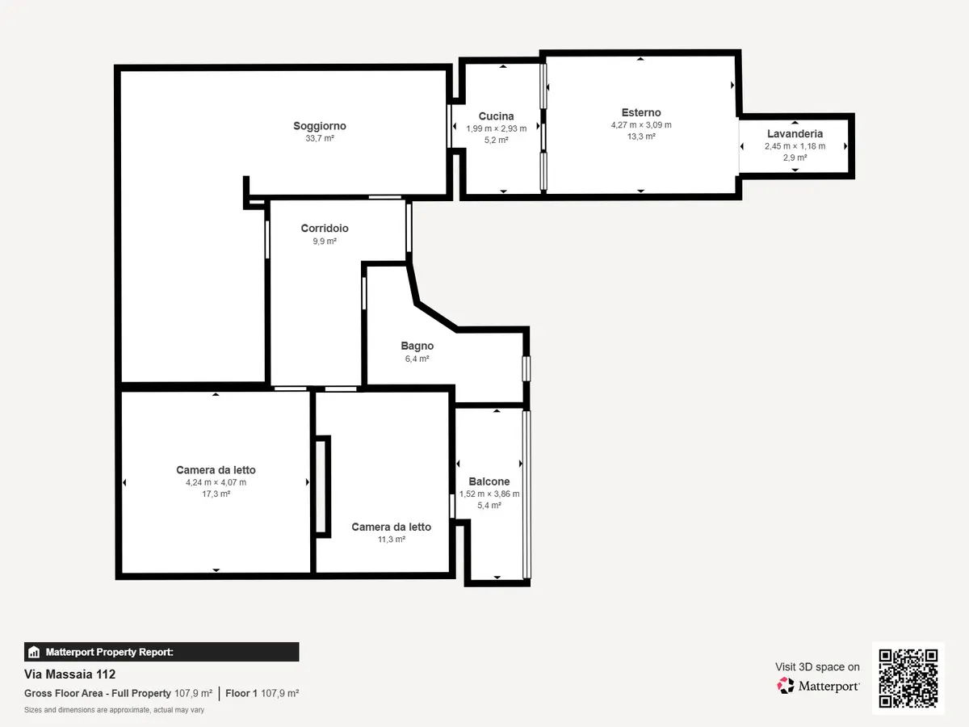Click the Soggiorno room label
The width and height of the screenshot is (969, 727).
[320, 126]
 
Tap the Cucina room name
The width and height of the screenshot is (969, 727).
[496, 116]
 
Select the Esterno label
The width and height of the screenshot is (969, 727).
[641, 112]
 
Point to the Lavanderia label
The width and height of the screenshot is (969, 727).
[795, 134]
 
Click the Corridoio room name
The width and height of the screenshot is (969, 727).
[325, 229]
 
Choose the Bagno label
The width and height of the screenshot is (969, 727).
[417, 346]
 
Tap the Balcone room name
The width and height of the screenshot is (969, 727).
[489, 481]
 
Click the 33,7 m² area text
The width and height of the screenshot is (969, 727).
[320, 138]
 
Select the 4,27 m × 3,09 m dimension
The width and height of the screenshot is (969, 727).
[641, 125]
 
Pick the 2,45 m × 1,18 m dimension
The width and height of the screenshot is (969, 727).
[795, 146]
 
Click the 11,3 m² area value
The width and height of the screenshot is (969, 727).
[391, 539]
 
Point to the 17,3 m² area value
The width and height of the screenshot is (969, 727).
[216, 494]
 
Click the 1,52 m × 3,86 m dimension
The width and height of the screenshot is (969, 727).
[489, 494]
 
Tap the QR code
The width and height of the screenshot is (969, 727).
[908, 678]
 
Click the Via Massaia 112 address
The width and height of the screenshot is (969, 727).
[69, 674]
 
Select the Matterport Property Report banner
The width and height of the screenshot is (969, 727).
[161, 652]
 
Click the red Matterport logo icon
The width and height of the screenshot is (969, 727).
[786, 686]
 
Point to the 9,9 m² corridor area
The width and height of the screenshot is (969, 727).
[325, 241]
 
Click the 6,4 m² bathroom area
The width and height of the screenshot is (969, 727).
[417, 359]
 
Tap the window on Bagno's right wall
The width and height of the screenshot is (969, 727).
[526, 368]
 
